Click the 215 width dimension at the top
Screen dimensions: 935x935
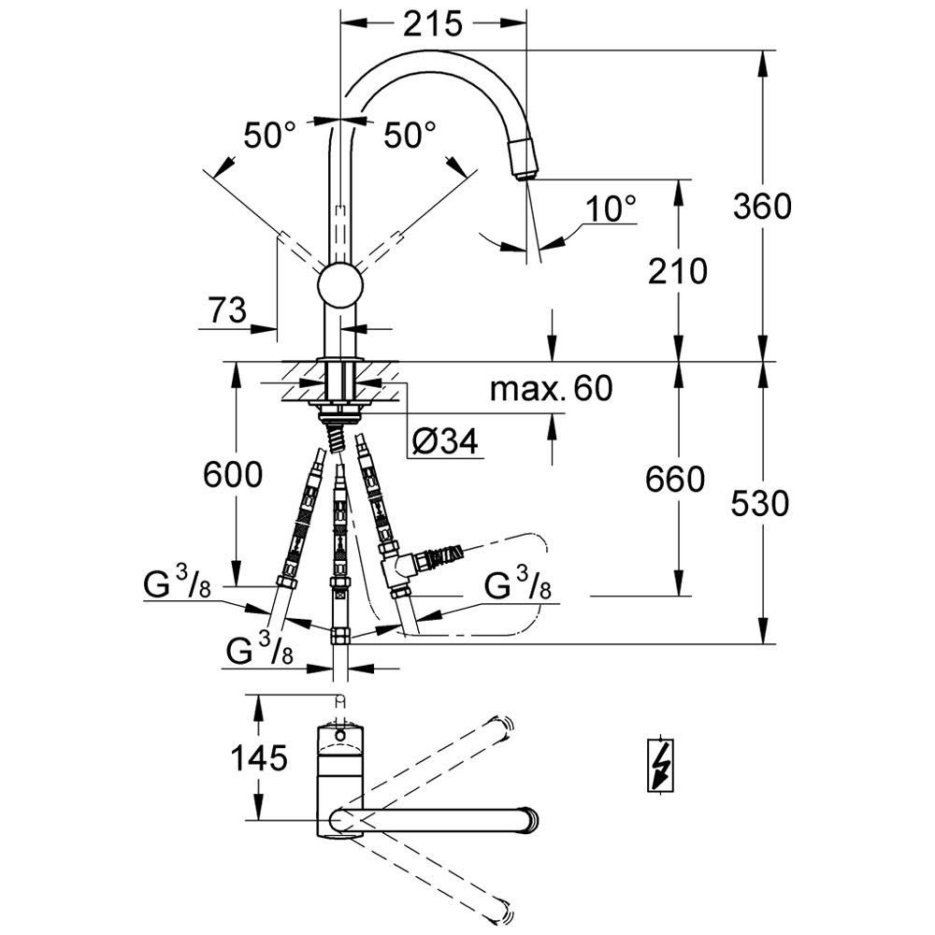pos(433,24)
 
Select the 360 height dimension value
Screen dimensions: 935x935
pos(762,207)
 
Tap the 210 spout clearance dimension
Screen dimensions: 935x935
pos(677,271)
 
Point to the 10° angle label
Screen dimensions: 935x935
pos(611,209)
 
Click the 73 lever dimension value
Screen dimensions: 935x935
pos(227,310)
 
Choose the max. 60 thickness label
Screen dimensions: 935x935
pos(551,388)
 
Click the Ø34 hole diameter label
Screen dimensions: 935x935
pos(445,442)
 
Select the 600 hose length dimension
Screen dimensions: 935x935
pos(233,475)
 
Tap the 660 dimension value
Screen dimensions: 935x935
pos(675,480)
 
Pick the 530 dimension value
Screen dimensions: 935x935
pos(760,503)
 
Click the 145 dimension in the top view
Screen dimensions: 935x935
pos(259,758)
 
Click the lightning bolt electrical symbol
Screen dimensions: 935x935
pos(661,765)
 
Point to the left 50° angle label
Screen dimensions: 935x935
pos(269,136)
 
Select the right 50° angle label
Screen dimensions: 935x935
pos(410,136)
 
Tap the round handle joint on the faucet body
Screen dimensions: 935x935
pos(340,285)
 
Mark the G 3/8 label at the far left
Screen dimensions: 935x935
pos(178,583)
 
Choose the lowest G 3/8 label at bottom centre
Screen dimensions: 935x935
pos(260,650)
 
